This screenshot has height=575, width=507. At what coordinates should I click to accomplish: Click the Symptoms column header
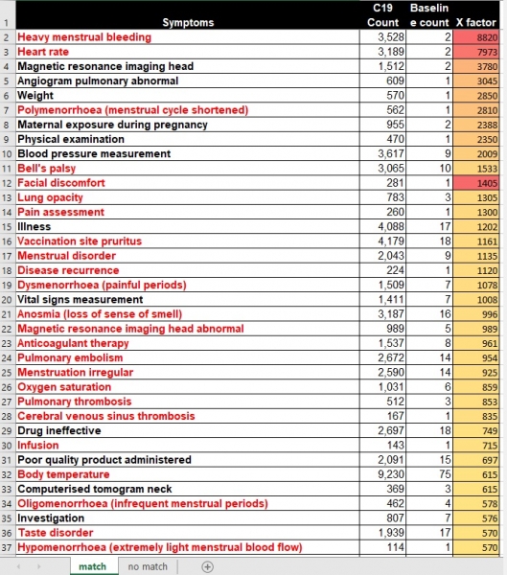pos(188,22)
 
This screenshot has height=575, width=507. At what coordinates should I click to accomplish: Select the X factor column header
pos(475,22)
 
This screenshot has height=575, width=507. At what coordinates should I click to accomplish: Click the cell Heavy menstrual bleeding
pos(84,37)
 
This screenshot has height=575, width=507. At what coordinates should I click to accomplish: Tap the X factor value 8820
pos(487,37)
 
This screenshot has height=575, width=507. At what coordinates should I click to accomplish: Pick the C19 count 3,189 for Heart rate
pos(391,52)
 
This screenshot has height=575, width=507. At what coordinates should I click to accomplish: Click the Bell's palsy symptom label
pos(47,169)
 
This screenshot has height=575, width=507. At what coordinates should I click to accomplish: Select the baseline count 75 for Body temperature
pos(445,474)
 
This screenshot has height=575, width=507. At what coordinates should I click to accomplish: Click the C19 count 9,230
pos(391,474)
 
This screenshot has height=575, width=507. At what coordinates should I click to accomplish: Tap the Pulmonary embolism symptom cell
pos(70,357)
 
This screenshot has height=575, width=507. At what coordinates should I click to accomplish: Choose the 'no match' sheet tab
pos(148,566)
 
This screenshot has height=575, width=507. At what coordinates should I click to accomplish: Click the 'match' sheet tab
pos(92,566)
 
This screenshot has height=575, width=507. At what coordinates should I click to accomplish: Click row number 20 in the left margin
pos(7,300)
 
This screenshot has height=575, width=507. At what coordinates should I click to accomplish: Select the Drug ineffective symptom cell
pos(59,430)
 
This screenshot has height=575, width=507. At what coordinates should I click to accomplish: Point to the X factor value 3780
pos(487,66)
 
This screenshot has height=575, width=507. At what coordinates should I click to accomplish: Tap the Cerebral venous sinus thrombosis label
pos(106,416)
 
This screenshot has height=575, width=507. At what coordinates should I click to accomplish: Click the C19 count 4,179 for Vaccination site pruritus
pos(391,241)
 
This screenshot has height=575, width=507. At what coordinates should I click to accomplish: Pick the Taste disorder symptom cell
pos(56,533)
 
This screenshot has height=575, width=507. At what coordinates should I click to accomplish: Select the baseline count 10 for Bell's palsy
pos(445,169)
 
